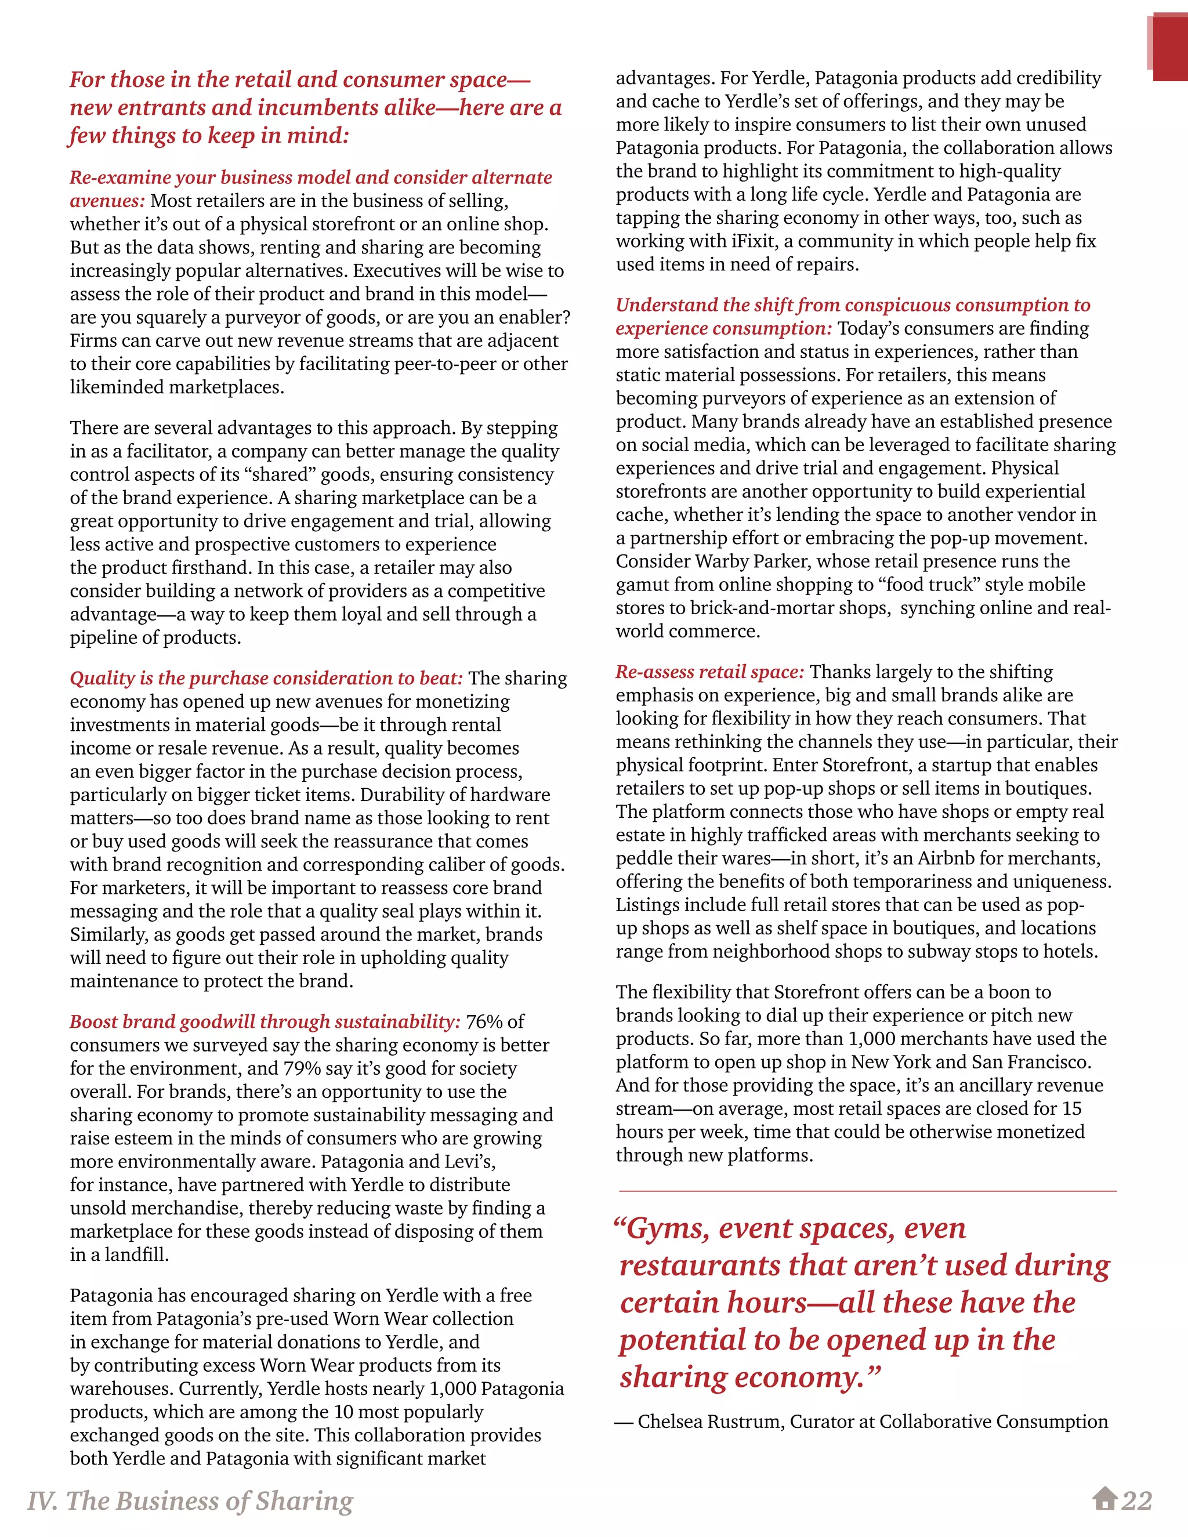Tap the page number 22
1136,1500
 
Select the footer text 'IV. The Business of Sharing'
190,1500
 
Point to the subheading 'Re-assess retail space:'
709,672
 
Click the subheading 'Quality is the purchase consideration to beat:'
266,679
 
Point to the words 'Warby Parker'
752,561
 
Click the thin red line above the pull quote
867,1191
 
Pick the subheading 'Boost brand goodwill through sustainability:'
265,1022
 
